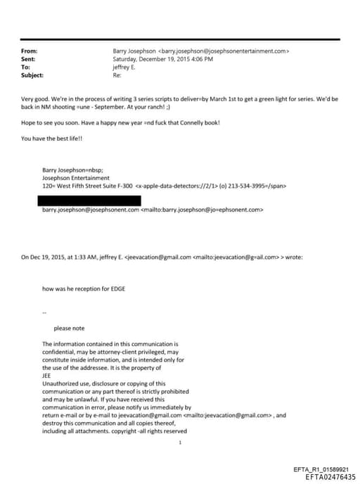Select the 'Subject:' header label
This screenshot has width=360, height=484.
click(x=32, y=75)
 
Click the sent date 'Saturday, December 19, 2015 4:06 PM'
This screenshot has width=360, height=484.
click(x=163, y=59)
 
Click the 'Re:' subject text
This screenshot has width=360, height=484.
click(x=117, y=75)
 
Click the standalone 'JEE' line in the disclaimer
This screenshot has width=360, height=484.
click(x=47, y=375)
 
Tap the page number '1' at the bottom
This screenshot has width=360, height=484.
click(x=181, y=442)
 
